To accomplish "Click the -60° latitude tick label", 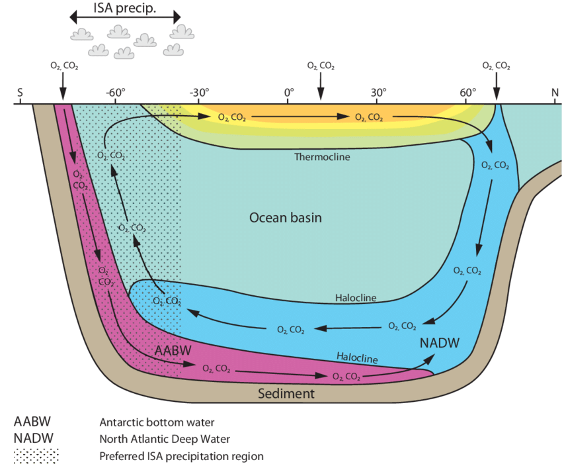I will [x=116, y=93].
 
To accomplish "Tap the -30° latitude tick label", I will [x=200, y=93].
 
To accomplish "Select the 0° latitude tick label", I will [x=289, y=93].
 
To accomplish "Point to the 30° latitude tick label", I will [x=378, y=93].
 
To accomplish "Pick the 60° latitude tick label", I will [x=467, y=93].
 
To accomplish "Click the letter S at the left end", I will [x=20, y=93].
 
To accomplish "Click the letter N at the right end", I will [x=555, y=93].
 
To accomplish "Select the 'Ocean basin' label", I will [x=286, y=217].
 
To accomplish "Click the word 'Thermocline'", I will [x=322, y=157].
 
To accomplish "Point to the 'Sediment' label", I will [x=286, y=393].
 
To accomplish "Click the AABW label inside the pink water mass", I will [x=170, y=349].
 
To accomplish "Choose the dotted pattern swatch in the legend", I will [x=36, y=455].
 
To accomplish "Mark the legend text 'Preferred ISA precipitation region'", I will [x=181, y=455].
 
